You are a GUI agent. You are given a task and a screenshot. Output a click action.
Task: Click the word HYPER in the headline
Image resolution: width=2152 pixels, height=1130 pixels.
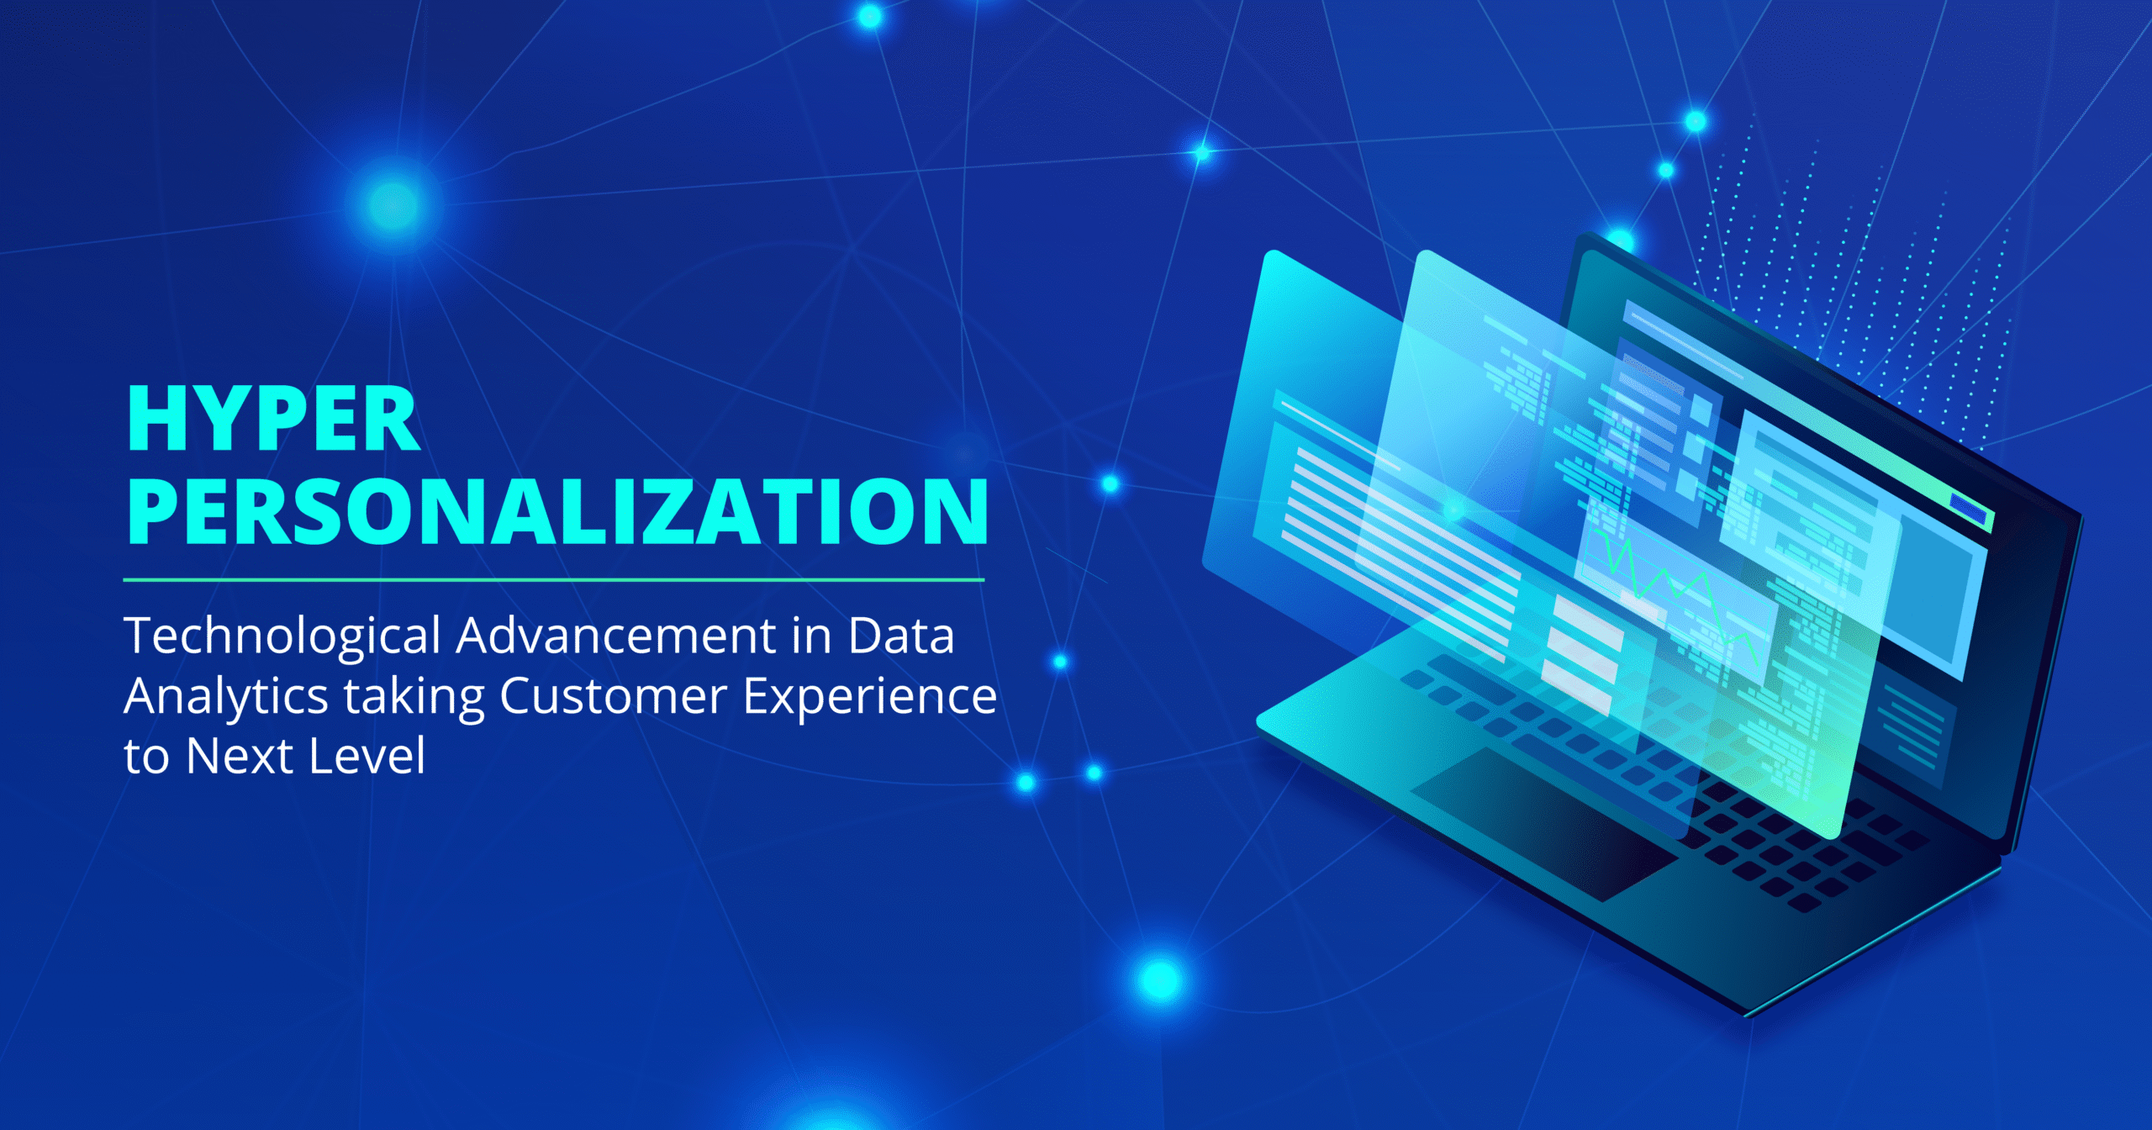273,420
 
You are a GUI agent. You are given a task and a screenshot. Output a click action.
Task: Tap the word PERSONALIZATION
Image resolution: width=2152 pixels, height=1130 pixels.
557,511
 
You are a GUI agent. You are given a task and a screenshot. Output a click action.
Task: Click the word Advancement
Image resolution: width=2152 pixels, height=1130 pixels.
615,636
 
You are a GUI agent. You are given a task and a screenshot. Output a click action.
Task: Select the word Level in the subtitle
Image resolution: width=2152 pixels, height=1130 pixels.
367,756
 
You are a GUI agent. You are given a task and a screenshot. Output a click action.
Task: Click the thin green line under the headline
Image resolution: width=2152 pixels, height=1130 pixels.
554,579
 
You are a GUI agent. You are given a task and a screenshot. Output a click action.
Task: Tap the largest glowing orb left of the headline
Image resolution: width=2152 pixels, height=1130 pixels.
393,204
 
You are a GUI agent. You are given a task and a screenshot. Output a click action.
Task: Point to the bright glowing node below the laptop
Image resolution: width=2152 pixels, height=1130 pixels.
1160,980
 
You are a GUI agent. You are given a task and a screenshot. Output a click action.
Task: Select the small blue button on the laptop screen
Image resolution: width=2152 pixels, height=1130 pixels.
1968,507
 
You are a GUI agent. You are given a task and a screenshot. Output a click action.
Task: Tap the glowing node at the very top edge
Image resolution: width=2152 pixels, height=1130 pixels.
870,15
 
